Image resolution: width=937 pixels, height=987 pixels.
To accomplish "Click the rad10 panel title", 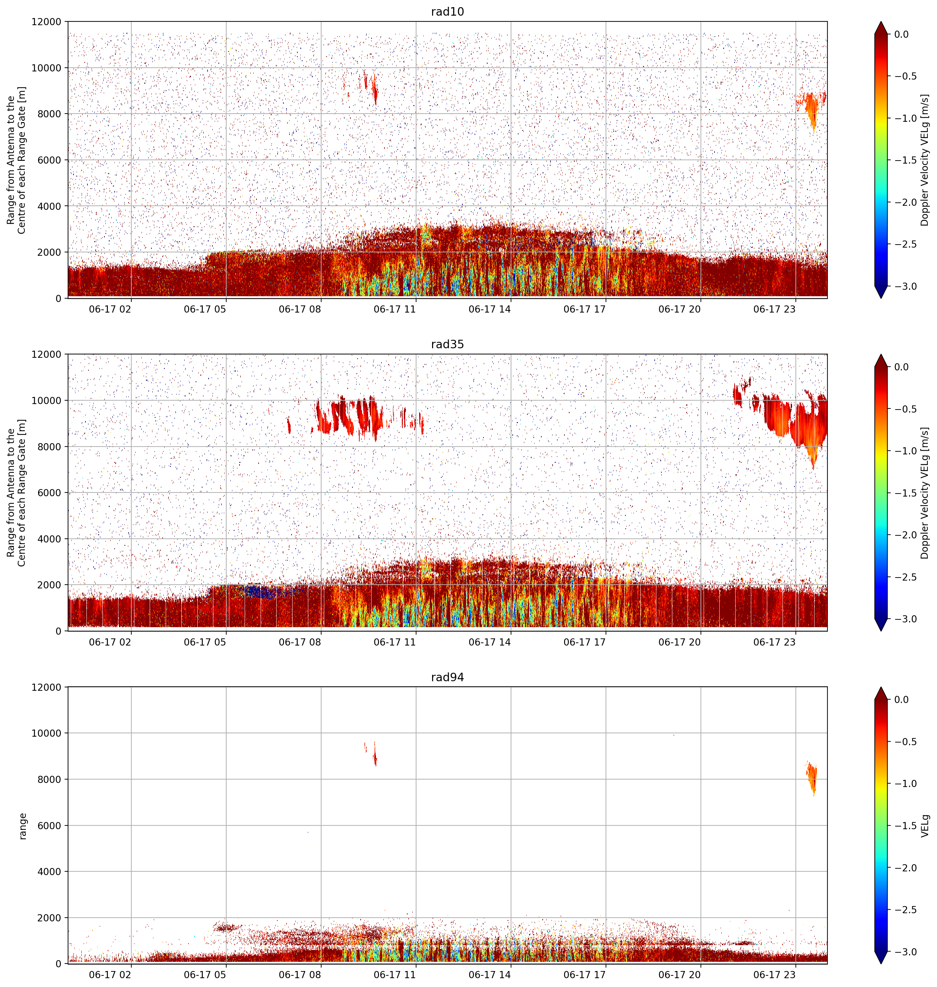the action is coord(447,12).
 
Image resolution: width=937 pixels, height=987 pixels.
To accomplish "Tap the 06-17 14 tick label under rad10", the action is coord(490,309).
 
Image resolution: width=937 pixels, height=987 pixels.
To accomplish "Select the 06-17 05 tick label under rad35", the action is coord(205,642).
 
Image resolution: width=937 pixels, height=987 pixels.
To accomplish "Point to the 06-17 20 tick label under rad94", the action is coord(679,974).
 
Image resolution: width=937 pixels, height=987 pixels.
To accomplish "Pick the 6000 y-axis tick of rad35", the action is coord(50,493).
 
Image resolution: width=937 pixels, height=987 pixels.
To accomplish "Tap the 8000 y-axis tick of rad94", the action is coord(50,779).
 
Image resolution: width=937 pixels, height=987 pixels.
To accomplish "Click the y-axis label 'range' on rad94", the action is coord(22,826).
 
